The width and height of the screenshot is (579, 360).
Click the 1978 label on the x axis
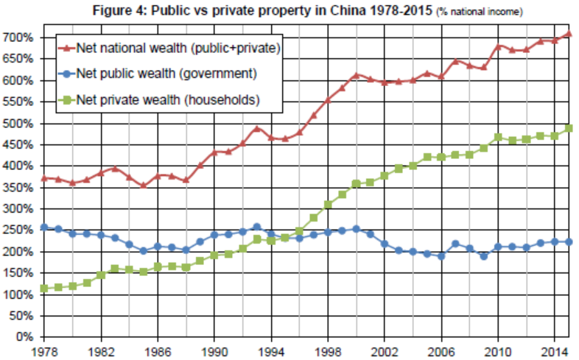(x=44, y=350)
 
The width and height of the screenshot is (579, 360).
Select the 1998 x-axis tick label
(x=329, y=350)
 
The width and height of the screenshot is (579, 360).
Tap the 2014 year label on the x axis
(x=556, y=350)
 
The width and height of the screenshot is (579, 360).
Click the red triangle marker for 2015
(x=570, y=33)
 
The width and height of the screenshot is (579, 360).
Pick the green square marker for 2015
(x=570, y=128)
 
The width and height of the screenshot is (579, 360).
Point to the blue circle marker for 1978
(x=44, y=227)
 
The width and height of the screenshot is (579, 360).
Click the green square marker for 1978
(x=44, y=289)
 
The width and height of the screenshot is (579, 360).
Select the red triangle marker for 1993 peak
(x=257, y=128)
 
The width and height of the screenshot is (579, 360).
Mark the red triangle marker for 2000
(x=357, y=75)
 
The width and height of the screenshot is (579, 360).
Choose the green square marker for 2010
(x=499, y=137)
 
